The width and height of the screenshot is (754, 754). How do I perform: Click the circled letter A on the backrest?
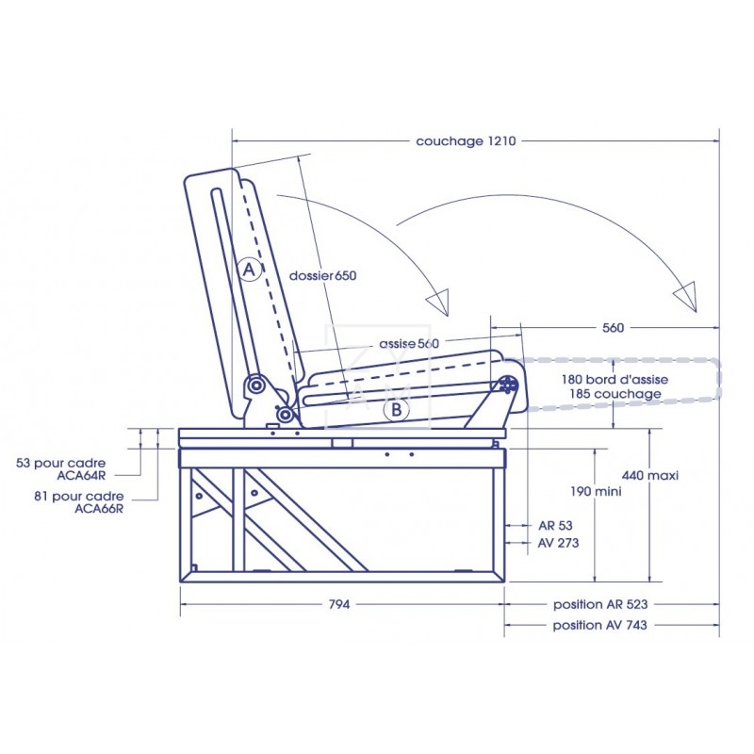249,270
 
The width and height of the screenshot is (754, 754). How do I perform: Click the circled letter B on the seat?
397,409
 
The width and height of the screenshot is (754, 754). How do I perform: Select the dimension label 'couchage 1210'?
467,141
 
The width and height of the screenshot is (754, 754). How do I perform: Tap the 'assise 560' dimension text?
409,344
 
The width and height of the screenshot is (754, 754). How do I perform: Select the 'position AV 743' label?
599,625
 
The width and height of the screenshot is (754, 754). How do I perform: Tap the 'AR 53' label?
554,525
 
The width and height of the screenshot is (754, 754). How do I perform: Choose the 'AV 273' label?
558,543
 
